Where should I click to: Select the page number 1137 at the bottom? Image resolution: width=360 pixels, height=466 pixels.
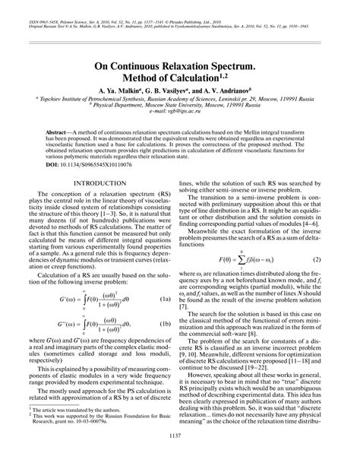coord(179,456)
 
